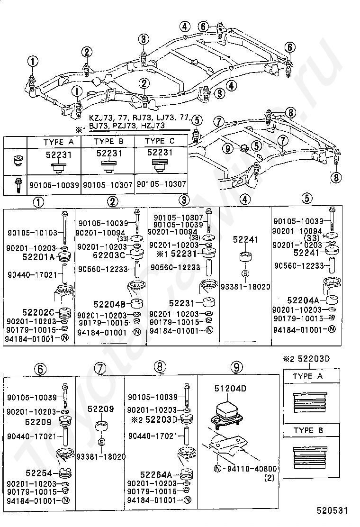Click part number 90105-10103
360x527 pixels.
32,232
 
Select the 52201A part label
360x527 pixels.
38,257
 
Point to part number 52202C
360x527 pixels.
38,313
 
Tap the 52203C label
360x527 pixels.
108,255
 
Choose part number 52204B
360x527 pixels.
109,304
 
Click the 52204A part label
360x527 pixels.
303,300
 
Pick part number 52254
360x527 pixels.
39,473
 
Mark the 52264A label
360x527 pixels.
156,474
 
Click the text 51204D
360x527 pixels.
230,389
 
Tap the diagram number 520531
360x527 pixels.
332,510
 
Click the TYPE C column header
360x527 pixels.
160,141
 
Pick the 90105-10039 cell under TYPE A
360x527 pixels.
54,185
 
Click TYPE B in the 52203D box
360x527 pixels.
308,430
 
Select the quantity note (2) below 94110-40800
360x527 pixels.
270,478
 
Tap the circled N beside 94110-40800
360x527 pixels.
217,468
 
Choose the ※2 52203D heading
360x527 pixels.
306,359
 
